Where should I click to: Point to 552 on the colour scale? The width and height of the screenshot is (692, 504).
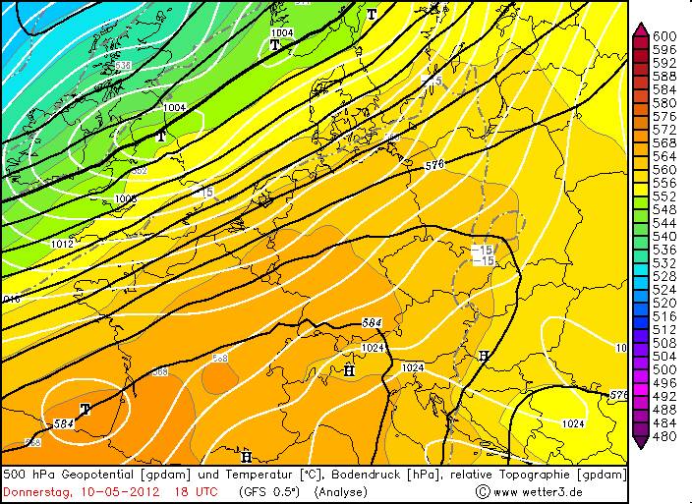click(665, 196)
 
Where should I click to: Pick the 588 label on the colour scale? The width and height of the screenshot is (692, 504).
click(665, 77)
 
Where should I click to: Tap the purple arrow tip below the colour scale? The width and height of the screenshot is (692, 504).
click(640, 443)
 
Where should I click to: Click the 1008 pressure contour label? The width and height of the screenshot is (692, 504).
click(127, 198)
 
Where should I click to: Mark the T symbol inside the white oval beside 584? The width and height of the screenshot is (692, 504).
click(86, 409)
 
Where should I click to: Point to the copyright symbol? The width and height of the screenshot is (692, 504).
click(483, 490)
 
